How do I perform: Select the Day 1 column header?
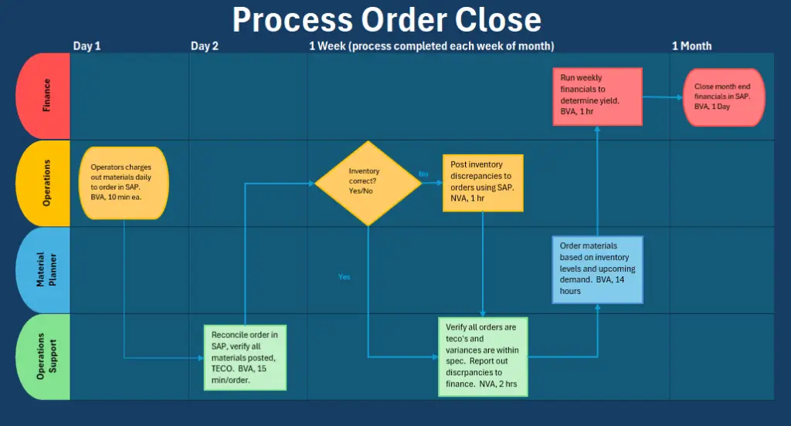(x=87, y=46)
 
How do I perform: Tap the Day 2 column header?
(x=205, y=46)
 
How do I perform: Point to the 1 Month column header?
(x=691, y=46)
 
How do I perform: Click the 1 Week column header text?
(x=431, y=46)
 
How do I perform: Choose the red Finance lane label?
(x=43, y=96)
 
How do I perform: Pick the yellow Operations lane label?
(x=43, y=183)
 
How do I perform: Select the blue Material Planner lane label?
(x=43, y=270)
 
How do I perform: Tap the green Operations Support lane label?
(x=43, y=357)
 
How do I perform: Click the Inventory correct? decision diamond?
(x=368, y=183)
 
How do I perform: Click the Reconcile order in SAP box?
(x=244, y=357)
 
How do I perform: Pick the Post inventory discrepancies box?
(x=483, y=183)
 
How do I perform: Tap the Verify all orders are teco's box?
(x=483, y=357)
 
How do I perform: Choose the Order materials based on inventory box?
(x=597, y=269)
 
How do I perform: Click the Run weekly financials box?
(x=597, y=96)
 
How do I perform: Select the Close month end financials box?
(x=724, y=96)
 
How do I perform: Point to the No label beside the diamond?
(x=423, y=174)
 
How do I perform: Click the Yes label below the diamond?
(x=344, y=276)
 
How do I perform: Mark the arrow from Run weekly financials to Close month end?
(x=662, y=97)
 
